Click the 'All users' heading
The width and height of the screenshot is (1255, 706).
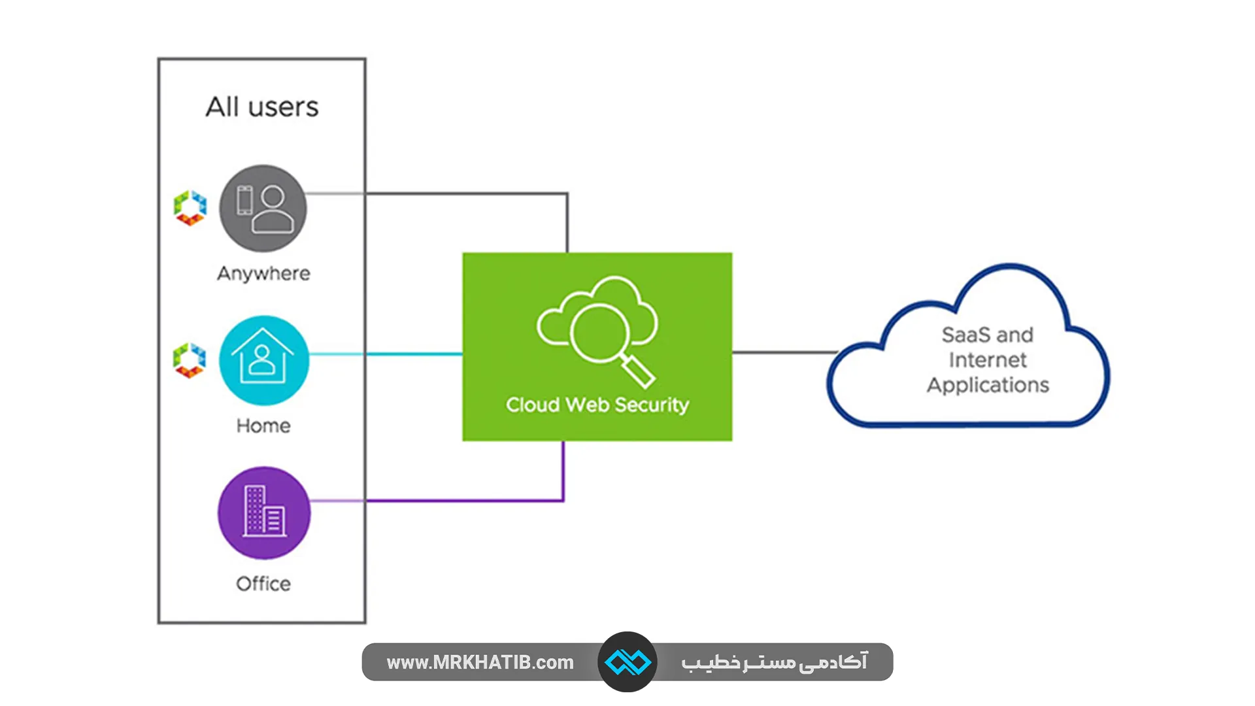(x=262, y=107)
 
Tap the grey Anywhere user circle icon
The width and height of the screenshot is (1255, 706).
(x=263, y=209)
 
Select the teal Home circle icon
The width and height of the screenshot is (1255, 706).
(x=263, y=360)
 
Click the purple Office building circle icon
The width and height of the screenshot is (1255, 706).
(x=263, y=513)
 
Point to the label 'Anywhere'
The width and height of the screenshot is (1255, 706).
(x=263, y=273)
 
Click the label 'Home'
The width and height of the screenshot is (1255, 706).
(x=263, y=426)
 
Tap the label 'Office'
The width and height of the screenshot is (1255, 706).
(x=263, y=584)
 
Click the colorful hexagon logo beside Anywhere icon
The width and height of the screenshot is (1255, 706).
(x=190, y=208)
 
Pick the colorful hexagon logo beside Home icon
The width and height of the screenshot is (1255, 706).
(x=190, y=360)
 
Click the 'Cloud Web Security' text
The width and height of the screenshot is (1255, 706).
(x=597, y=405)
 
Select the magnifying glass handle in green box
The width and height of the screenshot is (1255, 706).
(x=639, y=372)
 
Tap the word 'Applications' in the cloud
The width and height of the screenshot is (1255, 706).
(x=988, y=385)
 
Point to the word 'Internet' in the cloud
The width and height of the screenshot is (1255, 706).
(x=988, y=360)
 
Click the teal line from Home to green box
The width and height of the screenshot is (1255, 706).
(x=412, y=354)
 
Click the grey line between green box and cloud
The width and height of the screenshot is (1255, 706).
(x=784, y=352)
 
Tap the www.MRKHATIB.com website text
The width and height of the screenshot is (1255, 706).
(x=480, y=662)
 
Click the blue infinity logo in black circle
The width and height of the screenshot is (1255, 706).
(x=627, y=662)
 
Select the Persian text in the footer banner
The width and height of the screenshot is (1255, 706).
(x=774, y=662)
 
